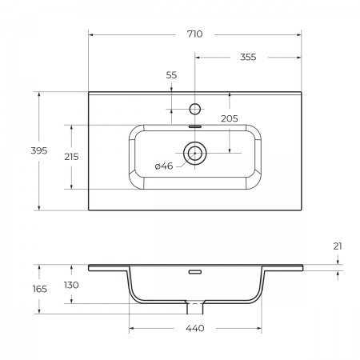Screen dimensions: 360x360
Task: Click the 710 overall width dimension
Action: pyautogui.click(x=194, y=34)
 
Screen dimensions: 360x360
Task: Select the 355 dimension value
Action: pyautogui.click(x=247, y=57)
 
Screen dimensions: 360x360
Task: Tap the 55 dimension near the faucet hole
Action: pyautogui.click(x=171, y=74)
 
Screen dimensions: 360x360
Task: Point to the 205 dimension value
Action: pyautogui.click(x=230, y=118)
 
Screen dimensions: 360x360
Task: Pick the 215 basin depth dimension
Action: pyautogui.click(x=70, y=157)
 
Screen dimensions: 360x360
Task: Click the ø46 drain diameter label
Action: pyautogui.click(x=164, y=166)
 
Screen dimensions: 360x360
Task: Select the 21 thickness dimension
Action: pyautogui.click(x=338, y=246)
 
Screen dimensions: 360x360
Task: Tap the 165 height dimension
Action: pyautogui.click(x=40, y=289)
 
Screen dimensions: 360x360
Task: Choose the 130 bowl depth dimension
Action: pyautogui.click(x=72, y=286)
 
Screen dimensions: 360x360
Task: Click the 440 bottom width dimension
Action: pyautogui.click(x=195, y=329)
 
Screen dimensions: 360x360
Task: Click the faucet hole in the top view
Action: pyautogui.click(x=194, y=106)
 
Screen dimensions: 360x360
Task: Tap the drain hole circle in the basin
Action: pyautogui.click(x=194, y=151)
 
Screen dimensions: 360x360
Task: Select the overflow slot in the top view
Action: pyautogui.click(x=194, y=126)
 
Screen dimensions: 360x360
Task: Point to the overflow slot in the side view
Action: pyautogui.click(x=194, y=271)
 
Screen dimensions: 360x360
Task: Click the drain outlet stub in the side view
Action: pyautogui.click(x=194, y=306)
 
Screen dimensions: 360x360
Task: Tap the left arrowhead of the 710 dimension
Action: pyautogui.click(x=91, y=34)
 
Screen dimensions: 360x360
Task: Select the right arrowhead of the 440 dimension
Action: pyautogui.click(x=259, y=329)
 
